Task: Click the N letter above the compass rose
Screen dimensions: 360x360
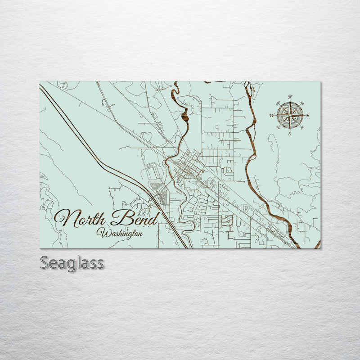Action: point(290,97)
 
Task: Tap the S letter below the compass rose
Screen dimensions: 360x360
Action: point(290,133)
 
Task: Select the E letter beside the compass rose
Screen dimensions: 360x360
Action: point(308,116)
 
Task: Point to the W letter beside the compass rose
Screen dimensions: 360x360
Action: point(272,116)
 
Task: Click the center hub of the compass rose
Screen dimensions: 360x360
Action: point(290,115)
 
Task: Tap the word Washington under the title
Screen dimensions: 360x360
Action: point(119,233)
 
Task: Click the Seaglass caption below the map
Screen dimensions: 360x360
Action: point(72,263)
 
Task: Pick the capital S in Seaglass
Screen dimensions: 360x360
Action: point(45,263)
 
